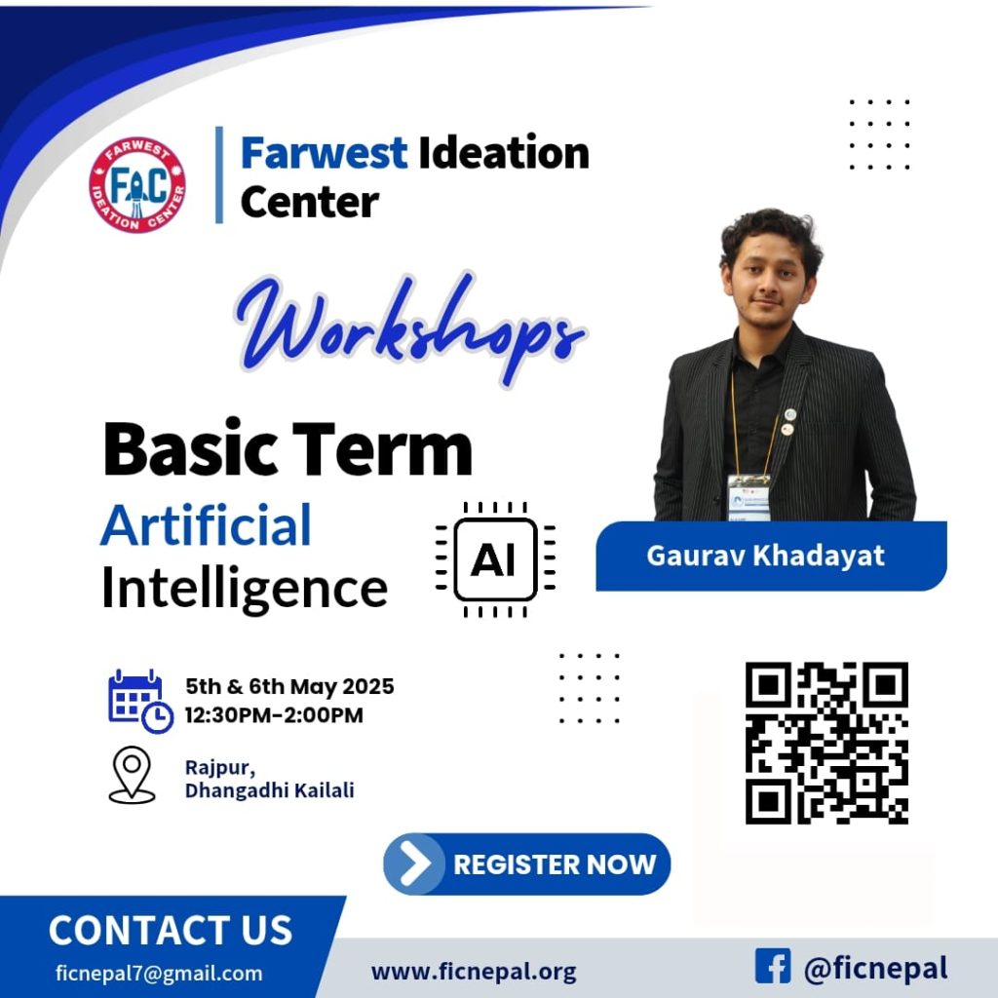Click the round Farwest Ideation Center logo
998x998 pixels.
pyautogui.click(x=137, y=185)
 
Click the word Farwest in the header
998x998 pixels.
pyautogui.click(x=324, y=153)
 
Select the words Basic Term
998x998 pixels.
pyautogui.click(x=288, y=449)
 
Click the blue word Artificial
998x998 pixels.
pyautogui.click(x=206, y=525)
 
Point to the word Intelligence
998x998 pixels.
pyautogui.click(x=245, y=589)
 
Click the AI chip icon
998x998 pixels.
pyautogui.click(x=495, y=559)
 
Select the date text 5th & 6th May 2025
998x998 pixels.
pyautogui.click(x=289, y=686)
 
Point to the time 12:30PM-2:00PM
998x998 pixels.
pyautogui.click(x=274, y=715)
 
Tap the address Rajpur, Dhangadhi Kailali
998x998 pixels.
pyautogui.click(x=269, y=779)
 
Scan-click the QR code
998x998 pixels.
pyautogui.click(x=826, y=743)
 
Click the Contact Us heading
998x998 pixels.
pyautogui.click(x=171, y=930)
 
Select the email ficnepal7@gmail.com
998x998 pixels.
pyautogui.click(x=159, y=973)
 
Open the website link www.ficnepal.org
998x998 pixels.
pyautogui.click(x=474, y=972)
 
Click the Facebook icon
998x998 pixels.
pyautogui.click(x=772, y=967)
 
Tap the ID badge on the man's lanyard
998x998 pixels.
pyautogui.click(x=748, y=496)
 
